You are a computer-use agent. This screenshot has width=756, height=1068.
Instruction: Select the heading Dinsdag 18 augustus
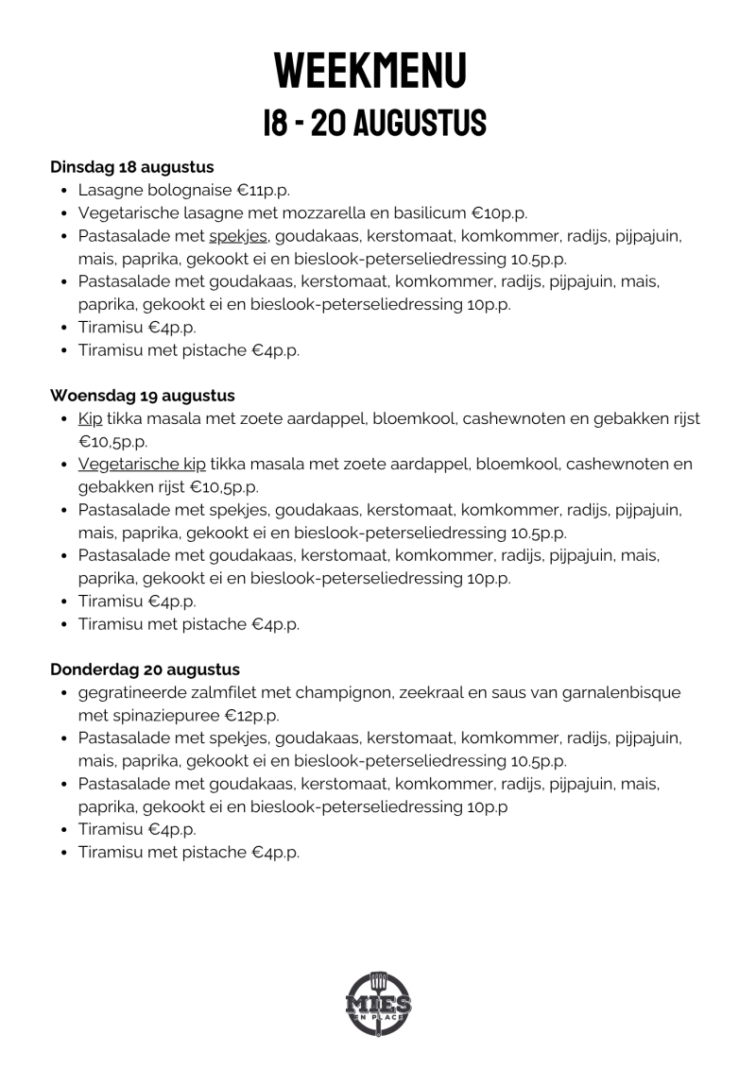pos(131,167)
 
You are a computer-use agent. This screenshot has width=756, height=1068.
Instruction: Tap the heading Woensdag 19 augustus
pos(142,396)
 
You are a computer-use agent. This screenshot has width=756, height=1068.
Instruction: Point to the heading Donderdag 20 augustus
pos(145,670)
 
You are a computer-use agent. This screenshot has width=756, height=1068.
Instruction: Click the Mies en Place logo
pos(378,1003)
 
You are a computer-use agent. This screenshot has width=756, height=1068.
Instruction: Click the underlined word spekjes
pos(238,236)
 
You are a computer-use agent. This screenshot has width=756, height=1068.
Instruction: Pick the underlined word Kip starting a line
pos(91,418)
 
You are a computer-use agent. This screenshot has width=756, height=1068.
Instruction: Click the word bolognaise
pos(188,190)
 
